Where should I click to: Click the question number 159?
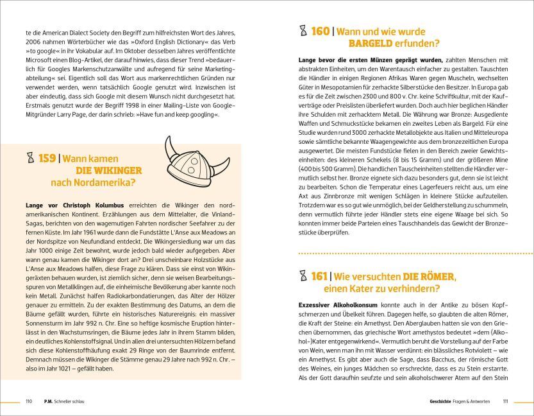coord(46,159)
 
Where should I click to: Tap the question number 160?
coord(320,31)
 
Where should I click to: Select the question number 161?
coord(319,276)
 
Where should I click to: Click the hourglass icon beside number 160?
coord(303,31)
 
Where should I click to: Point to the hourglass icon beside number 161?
coord(303,276)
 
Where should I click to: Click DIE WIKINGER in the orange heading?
coord(109,171)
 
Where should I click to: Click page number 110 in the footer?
coord(28,401)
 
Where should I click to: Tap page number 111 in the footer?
coord(505,401)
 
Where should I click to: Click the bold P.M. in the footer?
coord(48,401)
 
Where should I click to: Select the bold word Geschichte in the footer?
coord(443,401)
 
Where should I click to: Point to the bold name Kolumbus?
coord(98,205)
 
